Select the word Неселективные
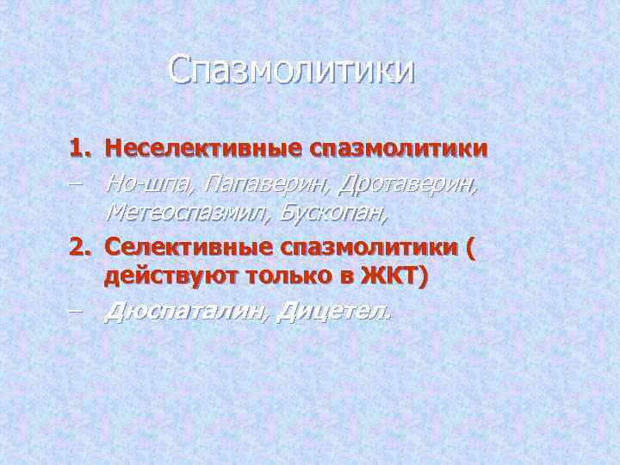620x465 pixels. [x=187, y=150]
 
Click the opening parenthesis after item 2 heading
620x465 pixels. [x=468, y=248]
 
